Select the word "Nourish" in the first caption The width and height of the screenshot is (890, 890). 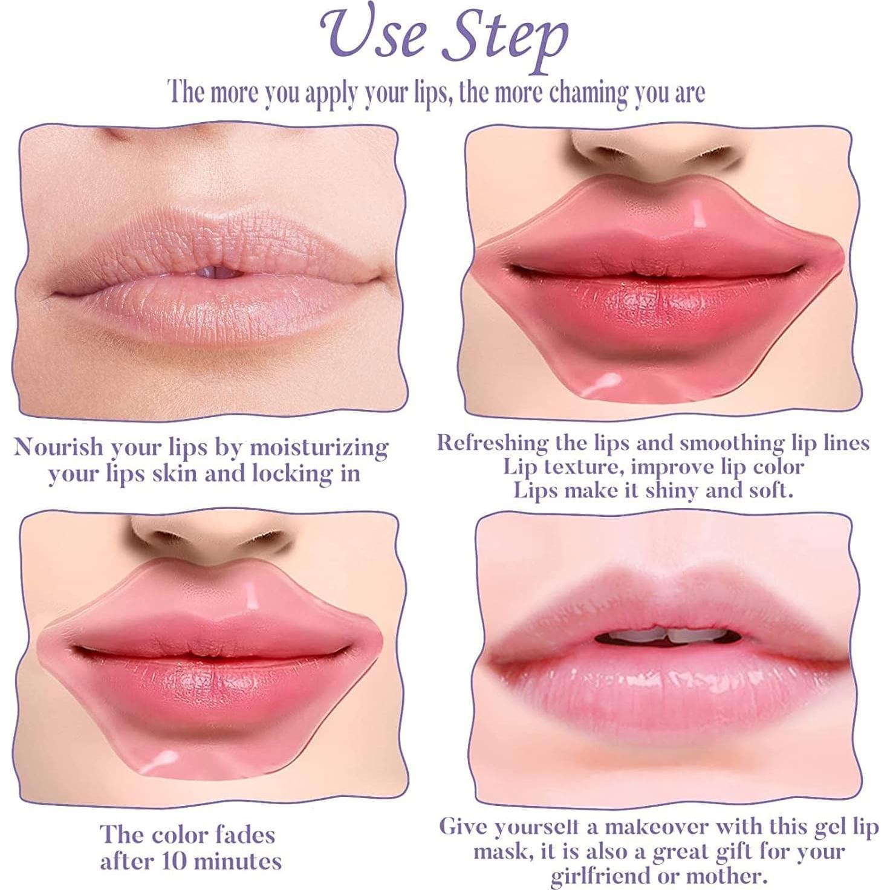point(59,447)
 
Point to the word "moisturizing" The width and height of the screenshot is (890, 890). point(319,449)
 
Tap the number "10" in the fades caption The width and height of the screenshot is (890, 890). point(171,860)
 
